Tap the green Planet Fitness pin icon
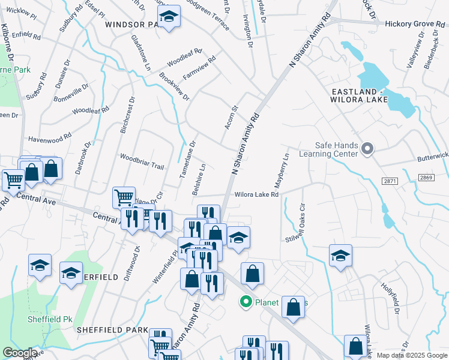tap(246, 302)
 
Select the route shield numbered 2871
tap(388, 180)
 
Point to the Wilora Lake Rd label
tap(256, 194)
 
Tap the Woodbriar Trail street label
tap(142, 161)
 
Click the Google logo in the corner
tap(20, 353)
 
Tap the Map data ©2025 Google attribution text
tap(412, 355)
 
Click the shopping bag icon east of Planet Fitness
tap(294, 306)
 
